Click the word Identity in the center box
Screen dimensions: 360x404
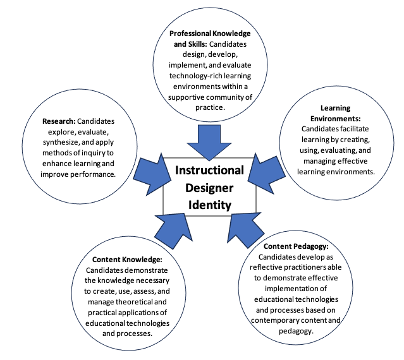(x=210, y=205)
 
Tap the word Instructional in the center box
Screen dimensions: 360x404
(x=210, y=171)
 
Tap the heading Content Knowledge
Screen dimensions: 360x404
(x=127, y=259)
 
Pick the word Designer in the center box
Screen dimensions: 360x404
(x=210, y=188)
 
